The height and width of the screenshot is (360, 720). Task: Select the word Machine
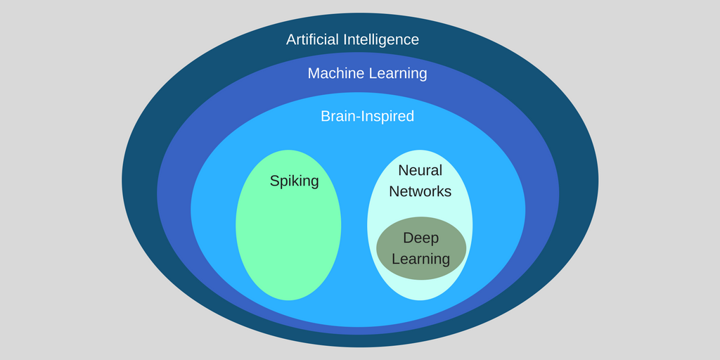pyautogui.click(x=334, y=73)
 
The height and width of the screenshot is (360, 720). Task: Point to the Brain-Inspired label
pyautogui.click(x=367, y=116)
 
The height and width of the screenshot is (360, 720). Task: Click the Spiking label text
pyautogui.click(x=294, y=181)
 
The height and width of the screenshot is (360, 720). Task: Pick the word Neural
pyautogui.click(x=420, y=170)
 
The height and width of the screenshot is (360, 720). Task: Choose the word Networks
pyautogui.click(x=420, y=191)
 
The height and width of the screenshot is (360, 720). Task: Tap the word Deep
pyautogui.click(x=420, y=238)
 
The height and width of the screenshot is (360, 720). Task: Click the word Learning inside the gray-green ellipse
pyautogui.click(x=420, y=259)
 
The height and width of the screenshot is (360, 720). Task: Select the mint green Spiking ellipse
pyautogui.click(x=288, y=239)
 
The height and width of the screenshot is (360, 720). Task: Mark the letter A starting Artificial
pyautogui.click(x=291, y=39)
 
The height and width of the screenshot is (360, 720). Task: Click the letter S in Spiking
pyautogui.click(x=274, y=181)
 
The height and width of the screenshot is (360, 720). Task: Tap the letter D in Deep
pyautogui.click(x=408, y=238)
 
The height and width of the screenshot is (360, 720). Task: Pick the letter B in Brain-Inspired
pyautogui.click(x=325, y=116)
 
